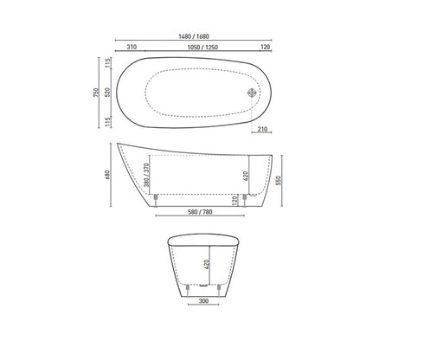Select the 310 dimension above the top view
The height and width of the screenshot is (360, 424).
132,49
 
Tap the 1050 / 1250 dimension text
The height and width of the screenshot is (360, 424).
202,49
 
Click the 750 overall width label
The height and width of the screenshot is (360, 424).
98,92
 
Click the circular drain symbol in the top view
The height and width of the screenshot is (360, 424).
253,92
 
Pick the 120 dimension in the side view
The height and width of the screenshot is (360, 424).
236,201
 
